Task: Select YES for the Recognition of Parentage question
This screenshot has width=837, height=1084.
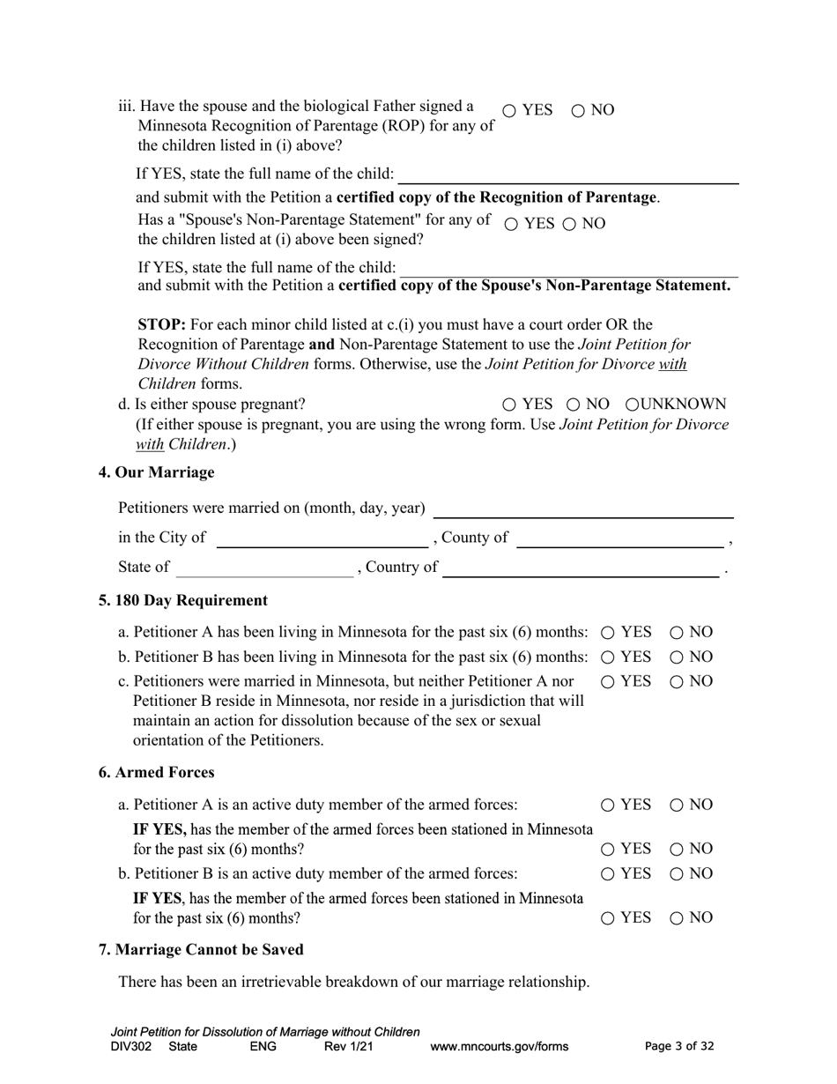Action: click(510, 111)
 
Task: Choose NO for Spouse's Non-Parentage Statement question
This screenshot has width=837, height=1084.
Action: click(569, 225)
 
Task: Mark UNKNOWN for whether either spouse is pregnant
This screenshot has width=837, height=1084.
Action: click(633, 405)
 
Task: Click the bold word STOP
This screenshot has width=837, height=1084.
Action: click(161, 324)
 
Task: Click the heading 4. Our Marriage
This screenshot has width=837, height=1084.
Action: click(156, 472)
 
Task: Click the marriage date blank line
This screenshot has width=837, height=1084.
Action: click(583, 509)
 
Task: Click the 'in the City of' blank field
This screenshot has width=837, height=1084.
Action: click(322, 538)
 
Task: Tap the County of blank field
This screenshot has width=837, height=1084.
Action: click(619, 538)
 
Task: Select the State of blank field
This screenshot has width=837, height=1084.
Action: click(264, 568)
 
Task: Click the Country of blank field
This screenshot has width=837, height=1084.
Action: click(581, 568)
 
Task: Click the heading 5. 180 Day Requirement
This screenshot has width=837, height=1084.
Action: click(182, 601)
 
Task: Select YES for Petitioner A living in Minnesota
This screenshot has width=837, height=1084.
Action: click(608, 633)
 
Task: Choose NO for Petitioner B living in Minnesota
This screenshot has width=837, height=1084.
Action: click(677, 657)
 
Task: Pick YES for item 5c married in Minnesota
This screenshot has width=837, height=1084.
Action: click(608, 682)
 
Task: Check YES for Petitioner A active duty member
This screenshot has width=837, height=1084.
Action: click(608, 806)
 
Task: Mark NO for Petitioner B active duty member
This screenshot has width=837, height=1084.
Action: click(677, 874)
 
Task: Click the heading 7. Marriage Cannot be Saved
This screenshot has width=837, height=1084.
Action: click(201, 950)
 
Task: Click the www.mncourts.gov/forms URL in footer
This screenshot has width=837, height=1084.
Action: click(499, 1047)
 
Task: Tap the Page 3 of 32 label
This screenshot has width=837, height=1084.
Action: click(679, 1047)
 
